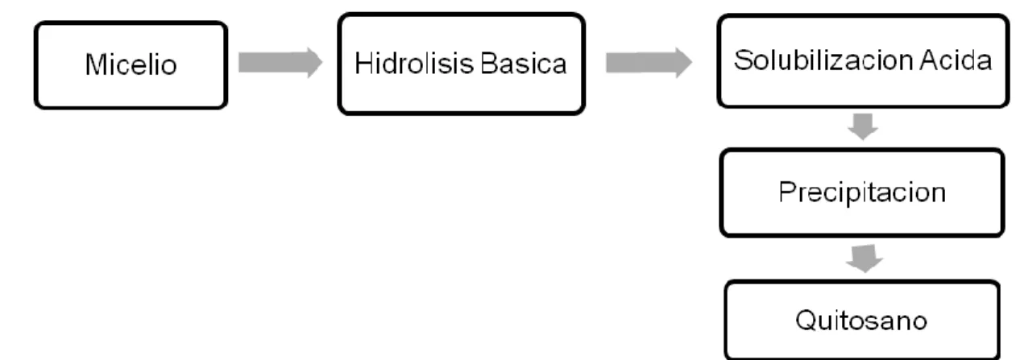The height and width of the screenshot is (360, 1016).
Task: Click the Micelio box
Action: [x=131, y=65]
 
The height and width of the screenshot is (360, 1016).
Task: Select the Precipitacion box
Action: [x=862, y=192]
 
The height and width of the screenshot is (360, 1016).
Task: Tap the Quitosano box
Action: [x=862, y=320]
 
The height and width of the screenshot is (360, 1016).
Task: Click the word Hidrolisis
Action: [x=414, y=63]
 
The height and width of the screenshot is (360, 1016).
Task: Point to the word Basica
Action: [x=524, y=63]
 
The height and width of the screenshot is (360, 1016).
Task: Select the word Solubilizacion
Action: [x=823, y=60]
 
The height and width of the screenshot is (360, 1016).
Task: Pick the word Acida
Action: [x=956, y=60]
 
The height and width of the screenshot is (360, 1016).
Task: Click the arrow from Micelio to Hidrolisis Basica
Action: [x=280, y=63]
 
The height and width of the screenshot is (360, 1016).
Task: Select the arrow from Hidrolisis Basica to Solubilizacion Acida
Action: [x=649, y=63]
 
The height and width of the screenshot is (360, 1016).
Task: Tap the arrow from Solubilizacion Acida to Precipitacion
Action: [x=863, y=126]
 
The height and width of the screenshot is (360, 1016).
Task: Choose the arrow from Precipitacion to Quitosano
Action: [x=865, y=259]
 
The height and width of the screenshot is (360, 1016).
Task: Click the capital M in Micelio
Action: [x=96, y=64]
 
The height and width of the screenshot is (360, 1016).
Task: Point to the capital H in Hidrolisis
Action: [x=363, y=63]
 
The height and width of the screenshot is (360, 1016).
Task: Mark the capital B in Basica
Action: [x=489, y=64]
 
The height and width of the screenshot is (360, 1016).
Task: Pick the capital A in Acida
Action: [x=929, y=60]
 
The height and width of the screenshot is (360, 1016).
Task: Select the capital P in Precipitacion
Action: [x=788, y=192]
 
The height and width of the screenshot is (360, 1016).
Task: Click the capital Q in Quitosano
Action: [x=807, y=320]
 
